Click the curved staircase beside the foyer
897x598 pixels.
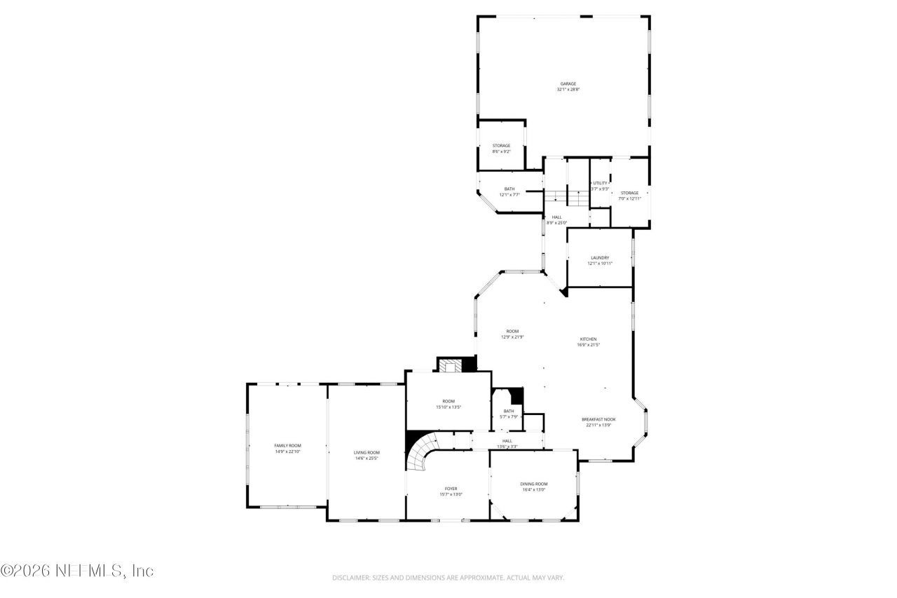tap(423, 454)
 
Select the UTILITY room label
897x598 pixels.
tap(600, 183)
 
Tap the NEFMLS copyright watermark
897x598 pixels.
tap(77, 571)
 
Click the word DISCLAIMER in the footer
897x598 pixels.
tap(351, 578)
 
